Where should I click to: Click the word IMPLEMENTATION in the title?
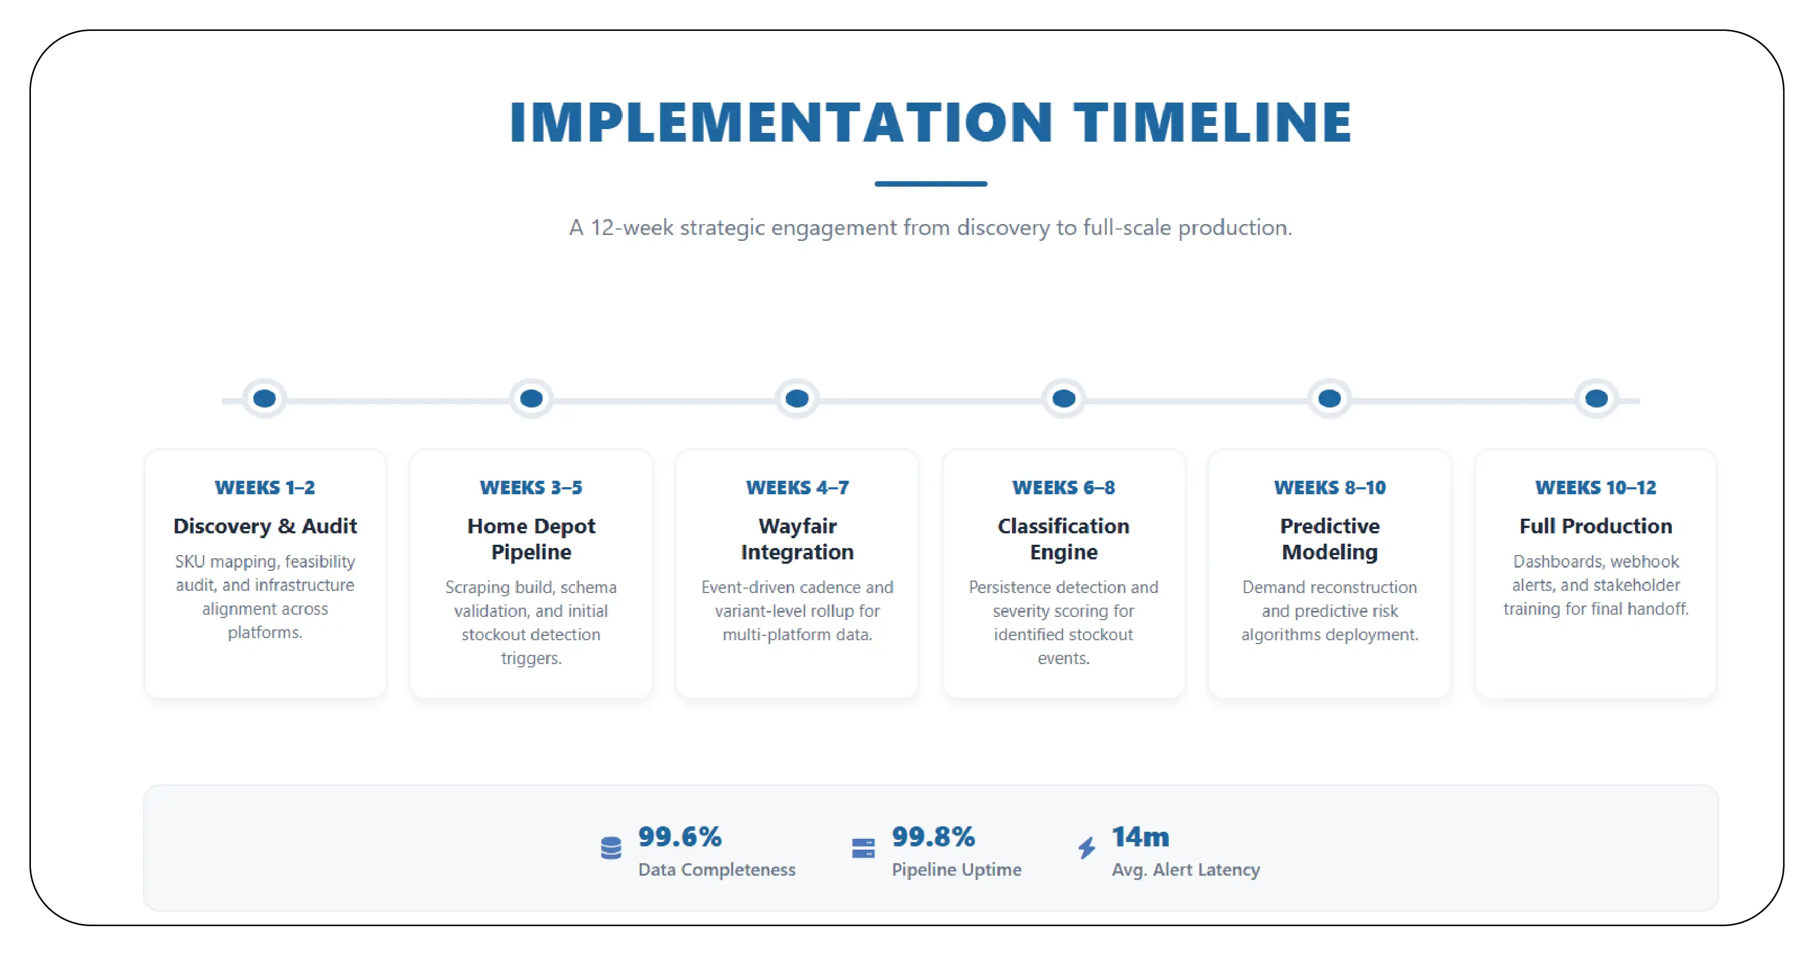pos(780,123)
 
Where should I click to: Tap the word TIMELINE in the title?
pos(1212,123)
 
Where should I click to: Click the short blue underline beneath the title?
pos(930,184)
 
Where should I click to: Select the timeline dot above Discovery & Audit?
pos(265,398)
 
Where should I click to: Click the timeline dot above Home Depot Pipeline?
pos(531,398)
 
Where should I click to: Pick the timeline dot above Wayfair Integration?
pos(797,398)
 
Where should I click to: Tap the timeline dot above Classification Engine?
pos(1064,398)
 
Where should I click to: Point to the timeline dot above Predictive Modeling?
pos(1329,398)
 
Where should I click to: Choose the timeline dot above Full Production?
pos(1596,398)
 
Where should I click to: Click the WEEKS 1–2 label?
pos(265,487)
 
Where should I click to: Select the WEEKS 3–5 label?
pos(531,487)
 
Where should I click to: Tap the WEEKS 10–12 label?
pos(1596,487)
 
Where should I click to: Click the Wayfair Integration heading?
pos(797,539)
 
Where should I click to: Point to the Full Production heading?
pos(1596,526)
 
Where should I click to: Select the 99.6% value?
pos(679,837)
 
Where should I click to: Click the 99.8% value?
pos(933,837)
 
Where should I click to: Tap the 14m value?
pos(1140,837)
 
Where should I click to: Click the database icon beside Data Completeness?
pos(611,848)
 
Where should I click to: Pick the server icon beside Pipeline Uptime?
pos(863,848)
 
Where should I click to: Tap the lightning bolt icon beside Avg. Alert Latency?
pos(1086,848)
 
